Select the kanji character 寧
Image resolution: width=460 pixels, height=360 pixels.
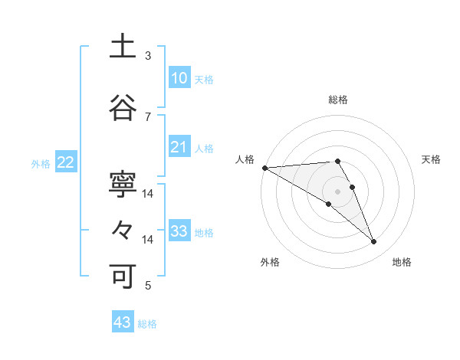(x=123, y=186)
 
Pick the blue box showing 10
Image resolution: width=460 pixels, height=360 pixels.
(x=179, y=78)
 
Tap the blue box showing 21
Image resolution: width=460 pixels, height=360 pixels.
(x=179, y=147)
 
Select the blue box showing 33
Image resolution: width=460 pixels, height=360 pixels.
(x=179, y=231)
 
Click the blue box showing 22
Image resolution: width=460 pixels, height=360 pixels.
(x=66, y=162)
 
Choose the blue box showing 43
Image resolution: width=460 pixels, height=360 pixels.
(x=123, y=322)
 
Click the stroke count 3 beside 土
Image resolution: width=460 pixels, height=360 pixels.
(x=148, y=56)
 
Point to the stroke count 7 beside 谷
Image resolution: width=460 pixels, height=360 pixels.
(x=148, y=116)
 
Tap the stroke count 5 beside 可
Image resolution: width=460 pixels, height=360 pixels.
(x=148, y=286)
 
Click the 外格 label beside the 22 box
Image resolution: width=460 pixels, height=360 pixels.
(x=41, y=164)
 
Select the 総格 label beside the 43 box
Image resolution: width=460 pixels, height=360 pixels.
(x=147, y=324)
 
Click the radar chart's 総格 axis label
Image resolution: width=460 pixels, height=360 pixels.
(x=338, y=100)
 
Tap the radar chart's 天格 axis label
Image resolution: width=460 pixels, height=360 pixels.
(x=432, y=159)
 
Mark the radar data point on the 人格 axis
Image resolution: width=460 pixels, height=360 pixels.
(x=264, y=167)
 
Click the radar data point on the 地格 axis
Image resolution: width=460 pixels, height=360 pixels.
(x=373, y=241)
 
